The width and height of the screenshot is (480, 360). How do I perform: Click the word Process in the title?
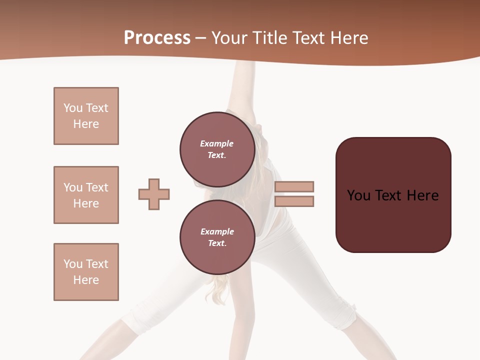click(157, 38)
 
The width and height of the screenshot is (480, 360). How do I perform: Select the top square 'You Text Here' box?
click(86, 116)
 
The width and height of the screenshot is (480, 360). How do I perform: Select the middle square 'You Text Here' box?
click(86, 195)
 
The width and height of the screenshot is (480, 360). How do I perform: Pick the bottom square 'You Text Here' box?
click(86, 272)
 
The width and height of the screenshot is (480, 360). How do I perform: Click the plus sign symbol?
click(154, 194)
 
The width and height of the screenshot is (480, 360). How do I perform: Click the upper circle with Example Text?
click(217, 149)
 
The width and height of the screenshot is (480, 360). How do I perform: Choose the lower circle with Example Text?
click(217, 237)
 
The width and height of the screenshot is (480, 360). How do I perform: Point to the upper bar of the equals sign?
click(294, 186)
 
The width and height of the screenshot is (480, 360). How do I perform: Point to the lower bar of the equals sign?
click(294, 201)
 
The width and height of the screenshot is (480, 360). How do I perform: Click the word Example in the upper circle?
click(216, 143)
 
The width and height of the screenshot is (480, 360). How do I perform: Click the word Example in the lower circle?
click(217, 231)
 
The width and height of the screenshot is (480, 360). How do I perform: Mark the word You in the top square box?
click(72, 108)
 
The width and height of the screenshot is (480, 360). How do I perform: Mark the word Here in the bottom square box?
click(86, 280)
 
